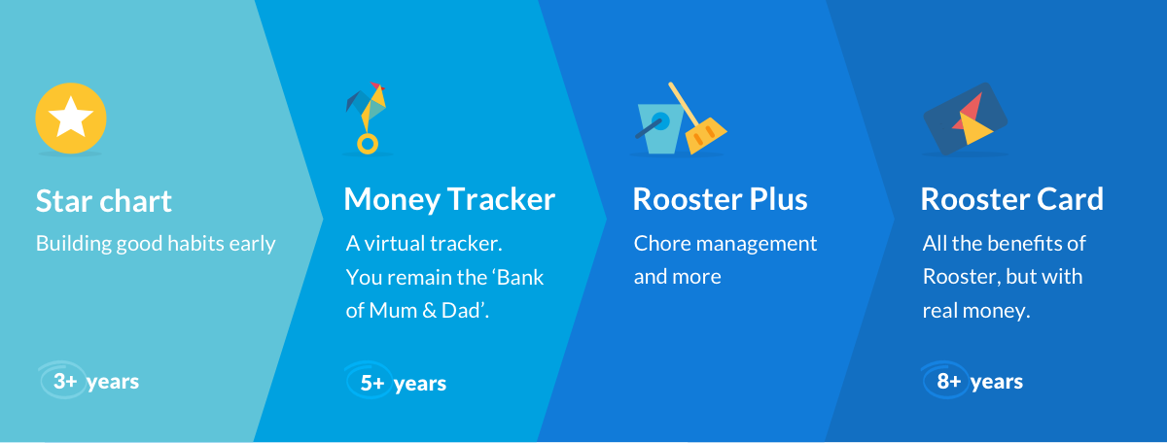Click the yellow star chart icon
tap(71, 119)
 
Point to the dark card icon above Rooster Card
tap(965, 119)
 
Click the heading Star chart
tap(104, 201)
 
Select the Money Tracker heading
tap(449, 199)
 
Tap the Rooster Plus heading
tap(720, 199)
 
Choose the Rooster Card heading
tap(1011, 199)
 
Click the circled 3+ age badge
tap(63, 380)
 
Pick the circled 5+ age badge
tap(370, 381)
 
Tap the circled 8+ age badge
tap(945, 380)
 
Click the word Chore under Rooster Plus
tap(661, 243)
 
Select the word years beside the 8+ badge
tap(997, 383)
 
